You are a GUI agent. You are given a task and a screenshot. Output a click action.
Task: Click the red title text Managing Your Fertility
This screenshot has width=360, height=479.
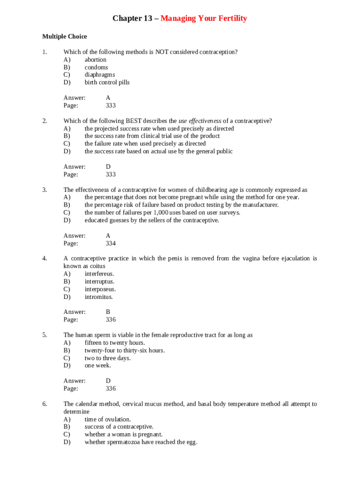point(203,19)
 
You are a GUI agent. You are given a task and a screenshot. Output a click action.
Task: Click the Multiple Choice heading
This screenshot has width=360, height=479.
point(65,36)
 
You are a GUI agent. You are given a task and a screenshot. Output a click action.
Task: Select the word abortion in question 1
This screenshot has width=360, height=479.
point(95,59)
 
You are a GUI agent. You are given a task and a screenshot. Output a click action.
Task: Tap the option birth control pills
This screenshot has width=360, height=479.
point(107,82)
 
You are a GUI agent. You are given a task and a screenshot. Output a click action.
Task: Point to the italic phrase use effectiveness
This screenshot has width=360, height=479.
point(200,121)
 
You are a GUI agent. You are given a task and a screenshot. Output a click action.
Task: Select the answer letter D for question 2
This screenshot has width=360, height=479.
point(108,167)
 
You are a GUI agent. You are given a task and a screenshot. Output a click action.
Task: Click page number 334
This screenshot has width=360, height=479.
point(111,243)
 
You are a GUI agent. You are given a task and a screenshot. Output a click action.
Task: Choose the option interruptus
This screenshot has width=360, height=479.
point(99,282)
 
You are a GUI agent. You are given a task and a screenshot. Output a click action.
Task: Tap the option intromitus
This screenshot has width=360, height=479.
point(99,297)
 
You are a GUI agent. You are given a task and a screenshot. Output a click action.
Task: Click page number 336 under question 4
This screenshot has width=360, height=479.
point(111,319)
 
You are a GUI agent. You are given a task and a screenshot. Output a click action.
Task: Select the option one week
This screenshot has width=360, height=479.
point(98,365)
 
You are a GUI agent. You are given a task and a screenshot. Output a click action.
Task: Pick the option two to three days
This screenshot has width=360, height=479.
point(108,358)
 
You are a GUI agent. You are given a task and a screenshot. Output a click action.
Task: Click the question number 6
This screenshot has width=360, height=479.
point(44,404)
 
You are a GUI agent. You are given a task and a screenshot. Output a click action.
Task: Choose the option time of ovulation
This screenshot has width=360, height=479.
point(108,419)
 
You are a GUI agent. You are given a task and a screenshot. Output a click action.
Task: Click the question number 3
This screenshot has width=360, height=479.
point(44,190)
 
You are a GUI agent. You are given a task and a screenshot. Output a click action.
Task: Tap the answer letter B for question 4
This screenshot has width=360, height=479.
point(108,312)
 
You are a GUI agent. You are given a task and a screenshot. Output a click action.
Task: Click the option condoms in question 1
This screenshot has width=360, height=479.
point(96,67)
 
